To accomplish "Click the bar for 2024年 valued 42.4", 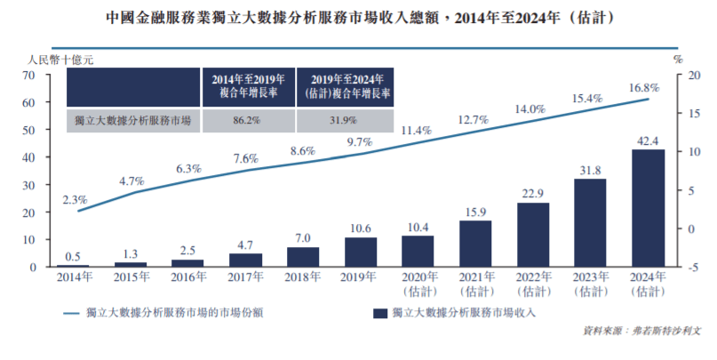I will pyautogui.click(x=649, y=208).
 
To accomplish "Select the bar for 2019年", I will pyautogui.click(x=360, y=252).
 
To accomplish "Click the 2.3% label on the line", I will pyautogui.click(x=76, y=200).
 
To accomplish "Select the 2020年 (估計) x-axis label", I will pyautogui.click(x=418, y=284).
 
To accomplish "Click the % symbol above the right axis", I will pyautogui.click(x=677, y=60).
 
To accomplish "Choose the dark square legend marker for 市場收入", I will pyautogui.click(x=380, y=313).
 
